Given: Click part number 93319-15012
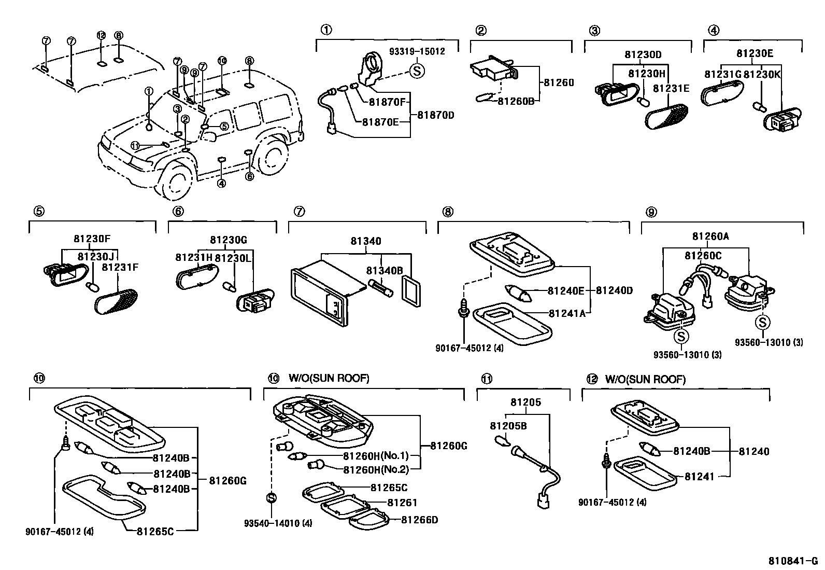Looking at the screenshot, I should pyautogui.click(x=417, y=51).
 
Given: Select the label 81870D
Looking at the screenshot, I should pyautogui.click(x=435, y=115).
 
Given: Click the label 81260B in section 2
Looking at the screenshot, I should pyautogui.click(x=515, y=101).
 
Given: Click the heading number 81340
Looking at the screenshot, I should pyautogui.click(x=365, y=241).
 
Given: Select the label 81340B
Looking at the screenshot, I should pyautogui.click(x=384, y=271).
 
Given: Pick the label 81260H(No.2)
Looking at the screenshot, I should pyautogui.click(x=376, y=469).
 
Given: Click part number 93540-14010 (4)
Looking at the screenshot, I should pyautogui.click(x=278, y=523).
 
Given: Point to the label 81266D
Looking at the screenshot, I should pyautogui.click(x=419, y=519).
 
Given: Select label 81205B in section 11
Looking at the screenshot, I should pyautogui.click(x=508, y=426).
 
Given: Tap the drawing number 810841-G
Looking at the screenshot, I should pyautogui.click(x=793, y=561).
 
